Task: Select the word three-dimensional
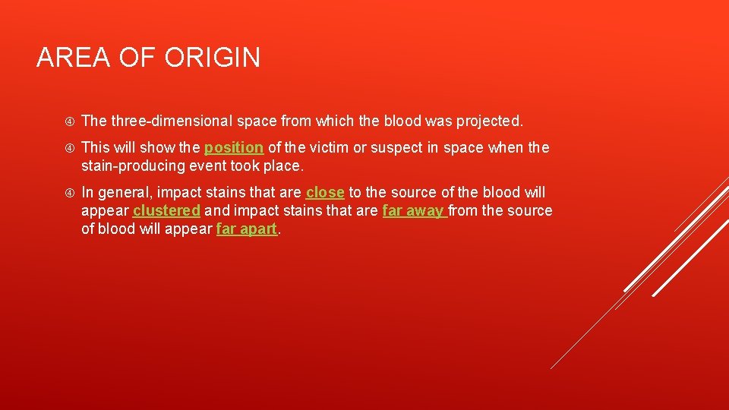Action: pyautogui.click(x=171, y=121)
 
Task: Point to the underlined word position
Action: pyautogui.click(x=234, y=147)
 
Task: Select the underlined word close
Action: pyautogui.click(x=325, y=193)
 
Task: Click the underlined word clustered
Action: pyautogui.click(x=166, y=211)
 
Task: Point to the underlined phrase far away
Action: pyautogui.click(x=413, y=211)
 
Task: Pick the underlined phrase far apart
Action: pyautogui.click(x=247, y=229)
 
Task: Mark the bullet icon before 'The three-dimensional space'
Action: pyautogui.click(x=68, y=121)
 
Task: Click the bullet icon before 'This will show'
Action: pyautogui.click(x=68, y=147)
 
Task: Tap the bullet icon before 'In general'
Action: pyautogui.click(x=68, y=193)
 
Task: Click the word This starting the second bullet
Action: pyautogui.click(x=96, y=147)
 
